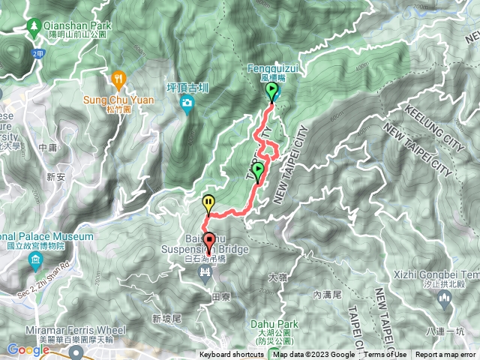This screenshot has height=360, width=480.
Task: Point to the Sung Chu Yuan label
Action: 118,100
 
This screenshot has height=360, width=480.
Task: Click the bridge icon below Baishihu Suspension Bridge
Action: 205,271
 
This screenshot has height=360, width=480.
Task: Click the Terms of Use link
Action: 385,355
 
